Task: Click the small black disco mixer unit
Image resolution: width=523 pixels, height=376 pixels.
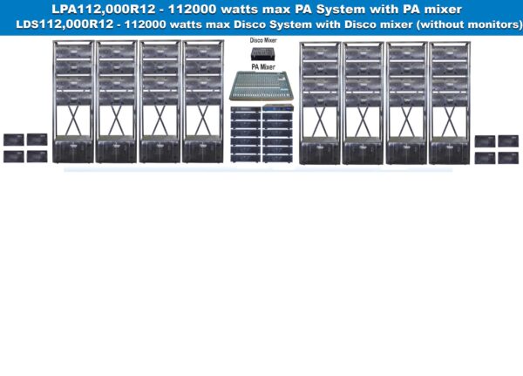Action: point(262,53)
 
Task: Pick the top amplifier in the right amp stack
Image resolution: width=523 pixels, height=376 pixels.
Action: point(278,110)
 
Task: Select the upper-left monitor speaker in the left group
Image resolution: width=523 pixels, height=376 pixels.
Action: point(14,140)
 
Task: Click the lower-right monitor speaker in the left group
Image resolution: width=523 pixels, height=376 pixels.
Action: point(37,156)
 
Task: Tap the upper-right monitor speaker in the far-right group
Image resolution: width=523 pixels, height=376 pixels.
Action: point(508,140)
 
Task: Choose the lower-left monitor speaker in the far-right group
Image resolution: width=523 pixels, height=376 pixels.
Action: point(486,157)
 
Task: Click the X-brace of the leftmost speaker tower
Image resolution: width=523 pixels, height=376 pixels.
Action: point(71,116)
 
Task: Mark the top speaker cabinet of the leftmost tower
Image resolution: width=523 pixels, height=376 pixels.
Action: point(71,52)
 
